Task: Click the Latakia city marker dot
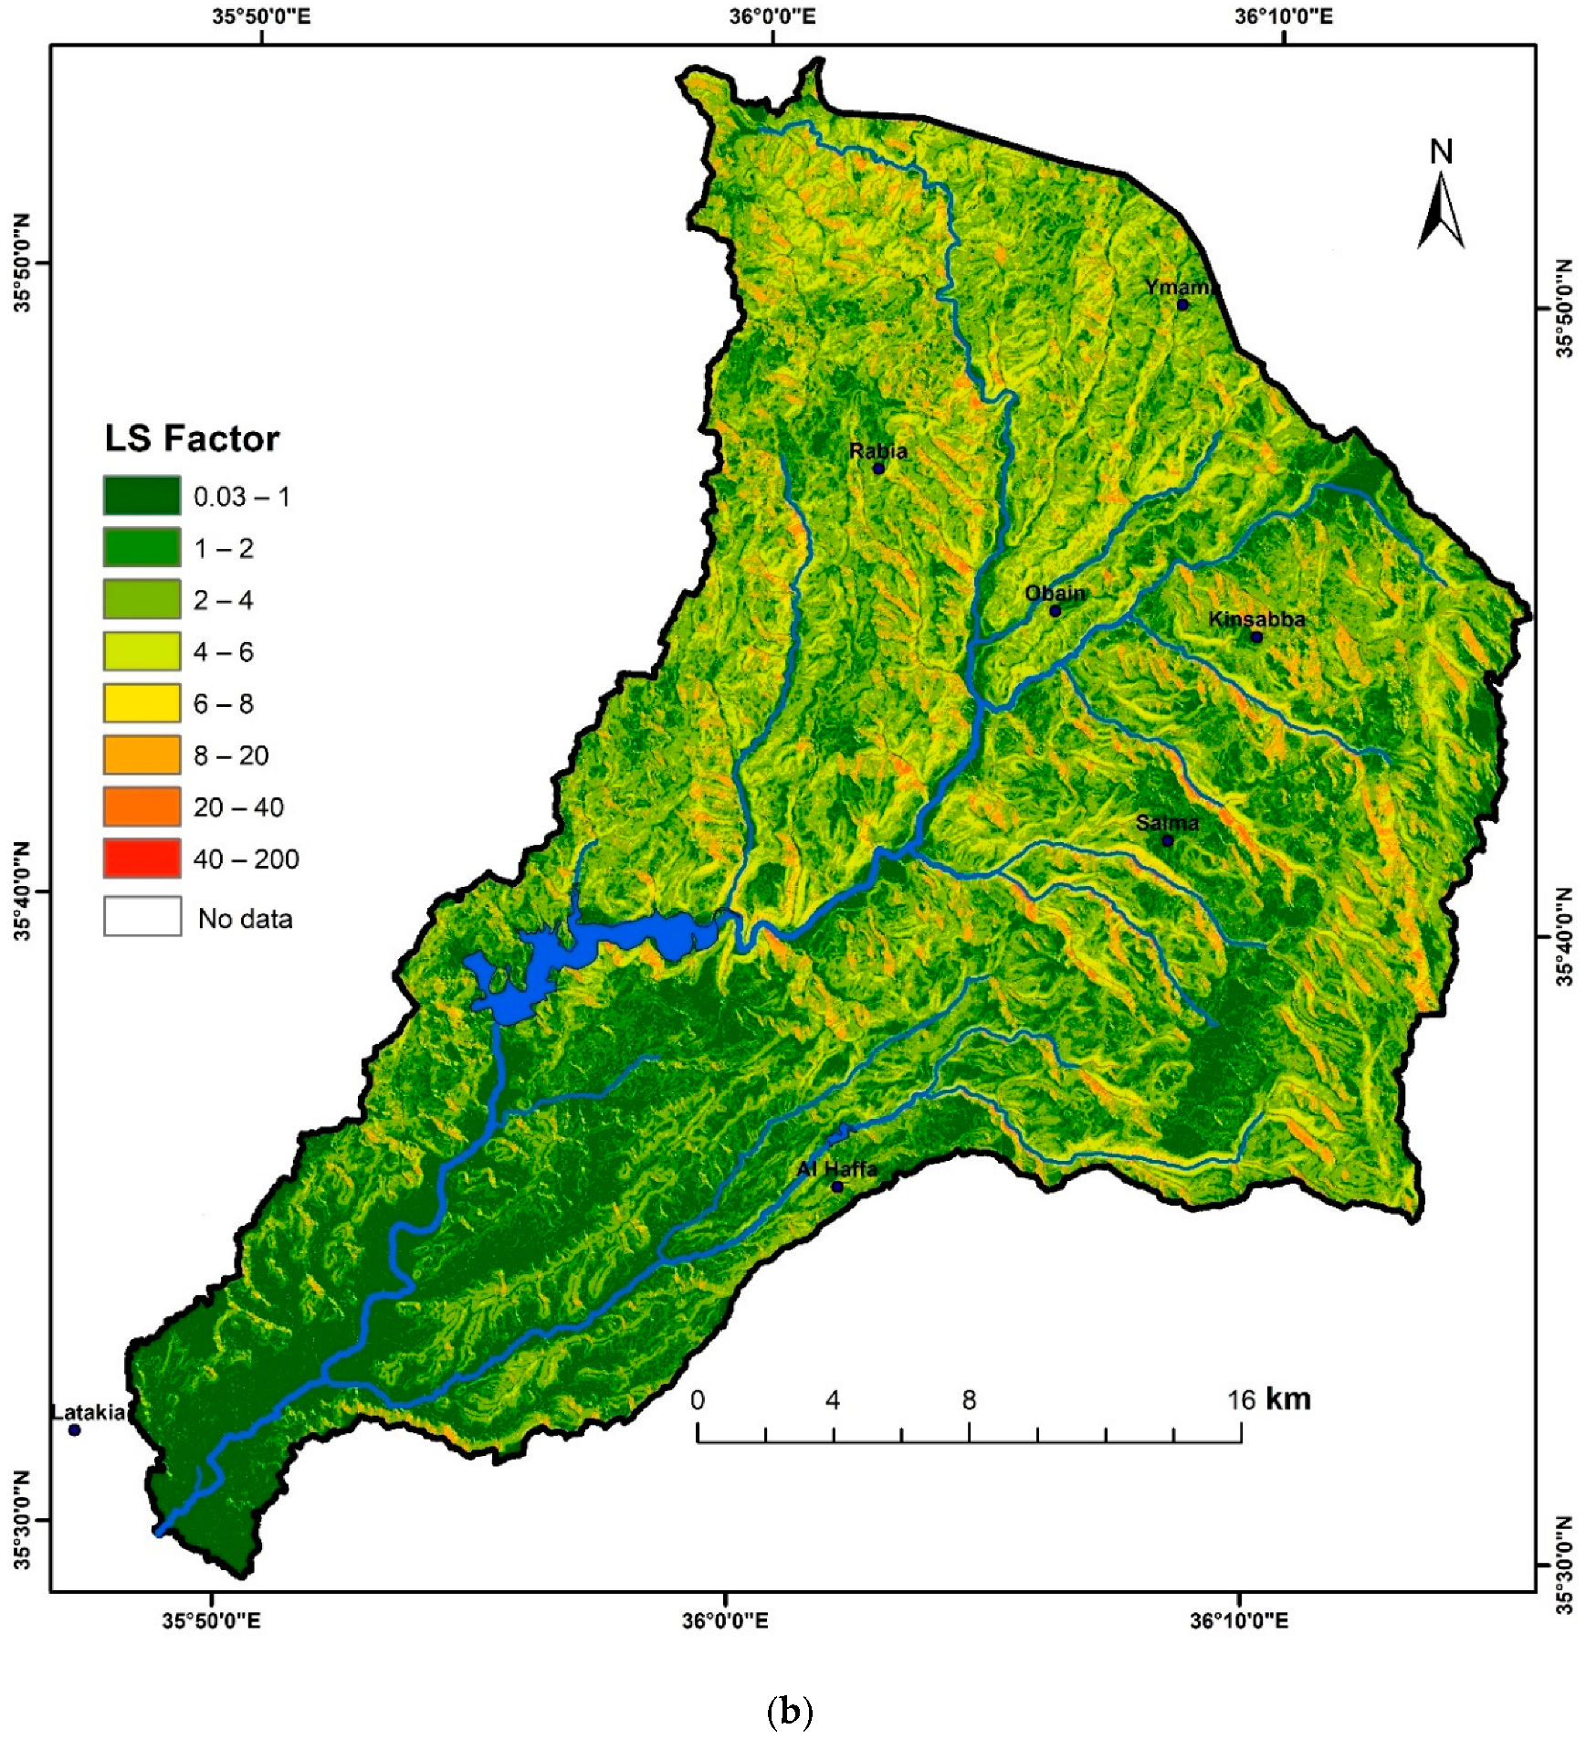click(x=75, y=1429)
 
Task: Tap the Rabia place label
click(x=877, y=450)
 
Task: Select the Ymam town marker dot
click(x=1182, y=304)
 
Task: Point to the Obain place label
click(x=1055, y=593)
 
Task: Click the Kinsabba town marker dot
click(x=1256, y=637)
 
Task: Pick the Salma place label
click(x=1167, y=822)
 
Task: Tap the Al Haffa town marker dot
click(x=837, y=1186)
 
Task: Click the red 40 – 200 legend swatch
click(x=142, y=859)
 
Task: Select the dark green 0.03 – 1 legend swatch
click(x=142, y=496)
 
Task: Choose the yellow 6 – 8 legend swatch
click(x=142, y=703)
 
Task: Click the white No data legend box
click(x=142, y=916)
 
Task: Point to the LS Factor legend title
click(x=192, y=438)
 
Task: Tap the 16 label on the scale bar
click(x=1241, y=1400)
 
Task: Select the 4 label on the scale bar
click(x=833, y=1400)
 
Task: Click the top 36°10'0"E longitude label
click(x=1283, y=16)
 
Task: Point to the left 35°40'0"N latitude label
click(x=21, y=891)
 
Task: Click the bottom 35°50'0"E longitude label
click(x=212, y=1620)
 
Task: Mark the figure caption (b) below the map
click(x=790, y=1711)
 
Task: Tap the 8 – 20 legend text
click(x=231, y=755)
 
